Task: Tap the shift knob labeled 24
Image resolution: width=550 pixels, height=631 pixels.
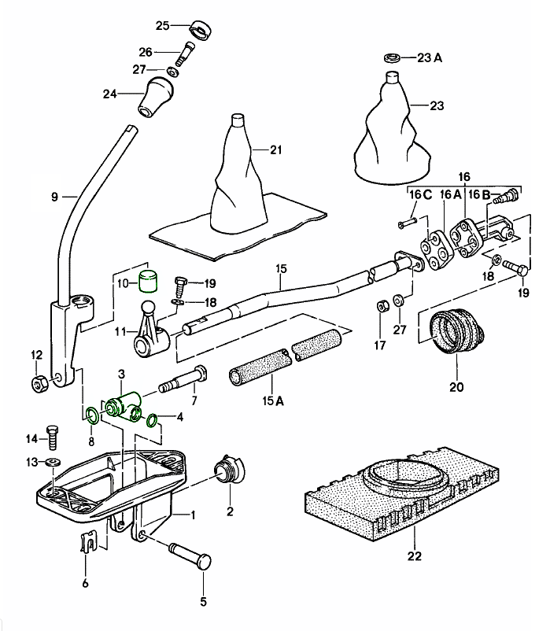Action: click(154, 94)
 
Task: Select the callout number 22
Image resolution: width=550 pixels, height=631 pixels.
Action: click(415, 556)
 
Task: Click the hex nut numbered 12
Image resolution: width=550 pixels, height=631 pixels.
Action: click(39, 383)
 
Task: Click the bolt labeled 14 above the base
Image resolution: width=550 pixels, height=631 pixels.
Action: click(53, 432)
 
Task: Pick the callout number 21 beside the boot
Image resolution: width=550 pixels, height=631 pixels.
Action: click(275, 150)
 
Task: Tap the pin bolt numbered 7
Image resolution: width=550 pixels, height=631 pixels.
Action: click(182, 382)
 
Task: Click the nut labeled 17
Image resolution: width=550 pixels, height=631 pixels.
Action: click(378, 305)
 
